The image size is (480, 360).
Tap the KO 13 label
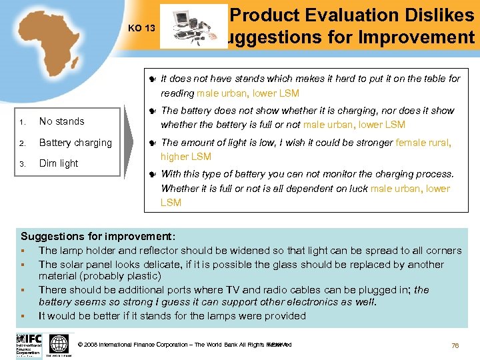[x=141, y=29]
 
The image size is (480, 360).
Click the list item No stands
[x=61, y=121]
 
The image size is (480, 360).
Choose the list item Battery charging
[x=75, y=143]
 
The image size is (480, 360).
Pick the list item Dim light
[x=59, y=163]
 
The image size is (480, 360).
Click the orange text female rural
[x=423, y=142]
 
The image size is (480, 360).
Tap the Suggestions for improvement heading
[x=98, y=237]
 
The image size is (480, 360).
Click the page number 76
[x=455, y=345]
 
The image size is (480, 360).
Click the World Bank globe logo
[x=59, y=345]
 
